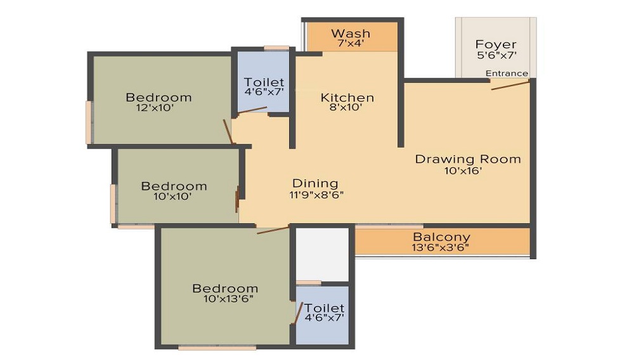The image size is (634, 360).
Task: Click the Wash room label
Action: pyautogui.click(x=351, y=33)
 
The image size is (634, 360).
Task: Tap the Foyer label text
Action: pyautogui.click(x=496, y=44)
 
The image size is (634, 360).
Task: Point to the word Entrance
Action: pyautogui.click(x=507, y=73)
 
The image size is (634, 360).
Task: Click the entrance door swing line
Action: pyautogui.click(x=510, y=86)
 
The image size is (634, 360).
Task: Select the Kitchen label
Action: pyautogui.click(x=347, y=98)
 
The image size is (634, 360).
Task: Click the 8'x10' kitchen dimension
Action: pyautogui.click(x=346, y=108)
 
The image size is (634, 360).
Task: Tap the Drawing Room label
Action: pyautogui.click(x=468, y=159)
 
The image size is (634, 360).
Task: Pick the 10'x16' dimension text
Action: pyautogui.click(x=463, y=170)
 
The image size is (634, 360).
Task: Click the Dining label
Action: pyautogui.click(x=315, y=183)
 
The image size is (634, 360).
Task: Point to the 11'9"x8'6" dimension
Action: pyautogui.click(x=316, y=195)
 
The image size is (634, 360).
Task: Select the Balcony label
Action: pyautogui.click(x=441, y=237)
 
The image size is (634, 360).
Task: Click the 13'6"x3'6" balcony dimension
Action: pyautogui.click(x=441, y=247)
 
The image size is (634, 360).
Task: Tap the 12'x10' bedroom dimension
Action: pyautogui.click(x=155, y=108)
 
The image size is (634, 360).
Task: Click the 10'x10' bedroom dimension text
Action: pyautogui.click(x=172, y=196)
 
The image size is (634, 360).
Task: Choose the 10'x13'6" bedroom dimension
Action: pyautogui.click(x=228, y=299)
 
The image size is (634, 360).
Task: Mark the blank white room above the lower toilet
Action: pyautogui.click(x=322, y=255)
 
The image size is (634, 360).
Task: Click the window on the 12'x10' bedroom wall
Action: pyautogui.click(x=89, y=122)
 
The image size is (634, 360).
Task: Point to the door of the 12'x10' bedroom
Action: pyautogui.click(x=228, y=131)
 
